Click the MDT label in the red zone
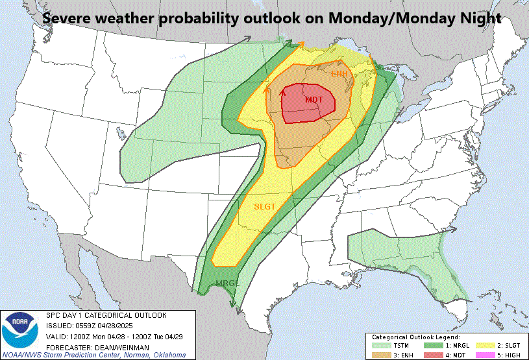click(x=314, y=99)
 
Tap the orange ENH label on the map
click(x=339, y=73)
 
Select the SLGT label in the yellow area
click(x=265, y=206)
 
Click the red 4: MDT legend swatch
click(x=428, y=354)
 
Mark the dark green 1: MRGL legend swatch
click(x=428, y=345)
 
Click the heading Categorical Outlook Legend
click(x=415, y=337)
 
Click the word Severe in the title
click(x=68, y=19)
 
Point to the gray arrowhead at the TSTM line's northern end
click(x=248, y=40)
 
